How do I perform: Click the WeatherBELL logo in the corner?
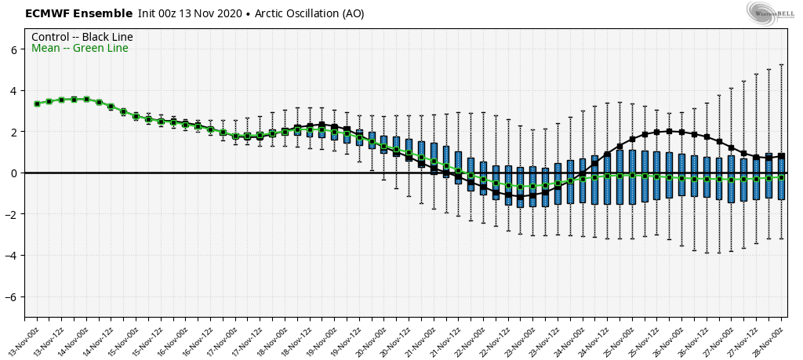tap(771, 12)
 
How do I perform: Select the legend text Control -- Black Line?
tap(82, 37)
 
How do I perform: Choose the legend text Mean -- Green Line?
tap(79, 49)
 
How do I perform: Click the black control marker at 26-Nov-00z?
tap(681, 132)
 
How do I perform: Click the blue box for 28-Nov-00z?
tap(781, 176)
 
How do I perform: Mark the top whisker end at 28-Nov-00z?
tap(781, 64)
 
